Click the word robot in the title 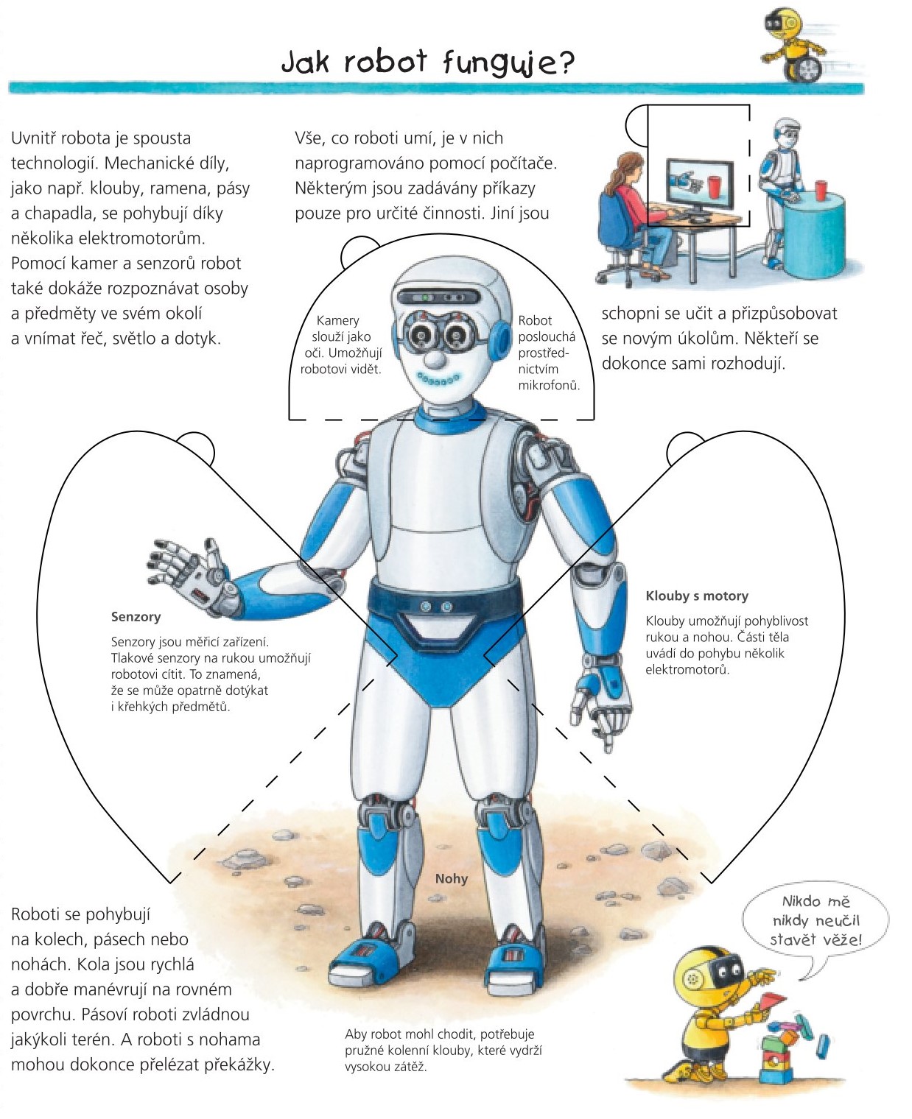pos(385,62)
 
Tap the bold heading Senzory pos(136,617)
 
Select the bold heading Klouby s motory pos(697,596)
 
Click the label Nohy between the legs pos(451,878)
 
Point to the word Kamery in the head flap pos(338,320)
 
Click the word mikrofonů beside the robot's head pos(549,385)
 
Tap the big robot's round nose pos(436,358)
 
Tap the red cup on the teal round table pos(821,190)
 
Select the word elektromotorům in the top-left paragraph pos(141,238)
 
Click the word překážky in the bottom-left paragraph pos(239,1065)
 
